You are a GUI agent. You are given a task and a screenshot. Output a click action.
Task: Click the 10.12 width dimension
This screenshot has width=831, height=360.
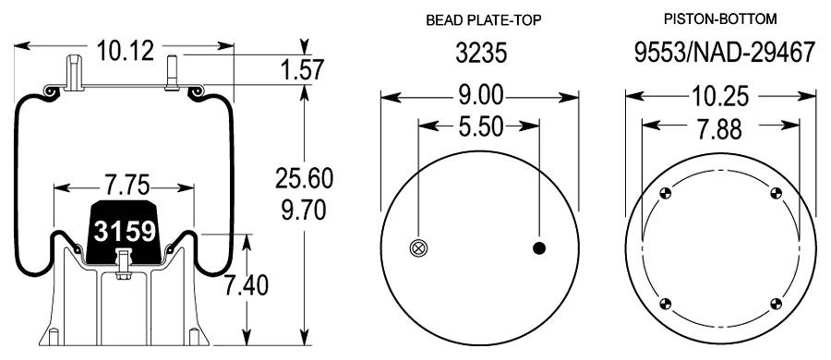pos(125,52)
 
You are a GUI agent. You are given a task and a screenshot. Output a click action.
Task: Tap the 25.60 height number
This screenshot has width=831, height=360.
pos(304,178)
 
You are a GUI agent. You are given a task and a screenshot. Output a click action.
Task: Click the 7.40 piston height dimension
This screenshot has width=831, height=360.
pos(246,286)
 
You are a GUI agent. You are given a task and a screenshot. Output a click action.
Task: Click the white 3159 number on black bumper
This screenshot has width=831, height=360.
pos(125,231)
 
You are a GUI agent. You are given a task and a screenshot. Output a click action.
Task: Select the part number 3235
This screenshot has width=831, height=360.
pos(482,53)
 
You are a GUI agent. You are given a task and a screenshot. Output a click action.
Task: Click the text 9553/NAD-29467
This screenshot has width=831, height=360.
pos(725,53)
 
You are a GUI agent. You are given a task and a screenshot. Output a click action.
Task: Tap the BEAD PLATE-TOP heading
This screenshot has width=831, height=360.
pos(485,20)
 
